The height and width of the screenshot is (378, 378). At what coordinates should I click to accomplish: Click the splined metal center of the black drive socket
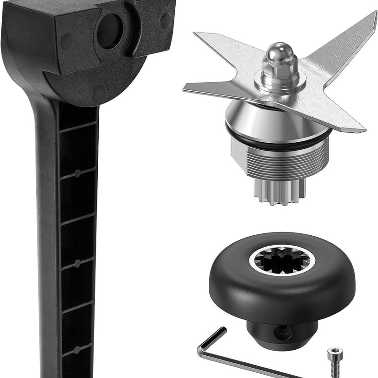coord(282,260)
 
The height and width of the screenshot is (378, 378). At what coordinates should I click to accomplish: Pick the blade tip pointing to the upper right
coord(369,21)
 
